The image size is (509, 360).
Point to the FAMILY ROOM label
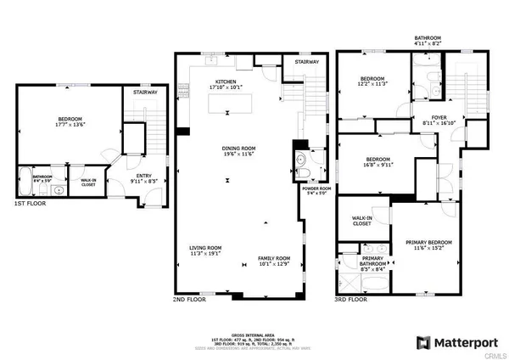274,257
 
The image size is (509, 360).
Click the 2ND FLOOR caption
189,299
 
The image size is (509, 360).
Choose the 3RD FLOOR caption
350,299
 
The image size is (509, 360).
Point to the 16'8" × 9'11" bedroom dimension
378,165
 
